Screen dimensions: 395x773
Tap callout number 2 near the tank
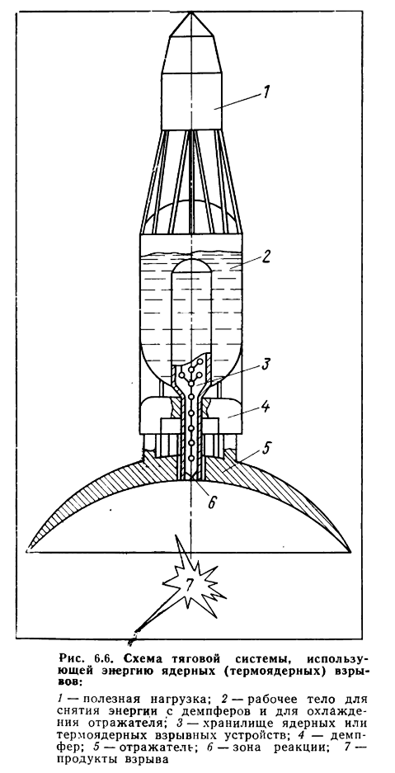tap(265, 257)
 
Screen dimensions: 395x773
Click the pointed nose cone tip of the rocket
tap(190, 12)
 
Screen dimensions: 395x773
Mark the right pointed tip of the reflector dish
tap(351, 550)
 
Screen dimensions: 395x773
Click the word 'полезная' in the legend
tap(110, 699)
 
